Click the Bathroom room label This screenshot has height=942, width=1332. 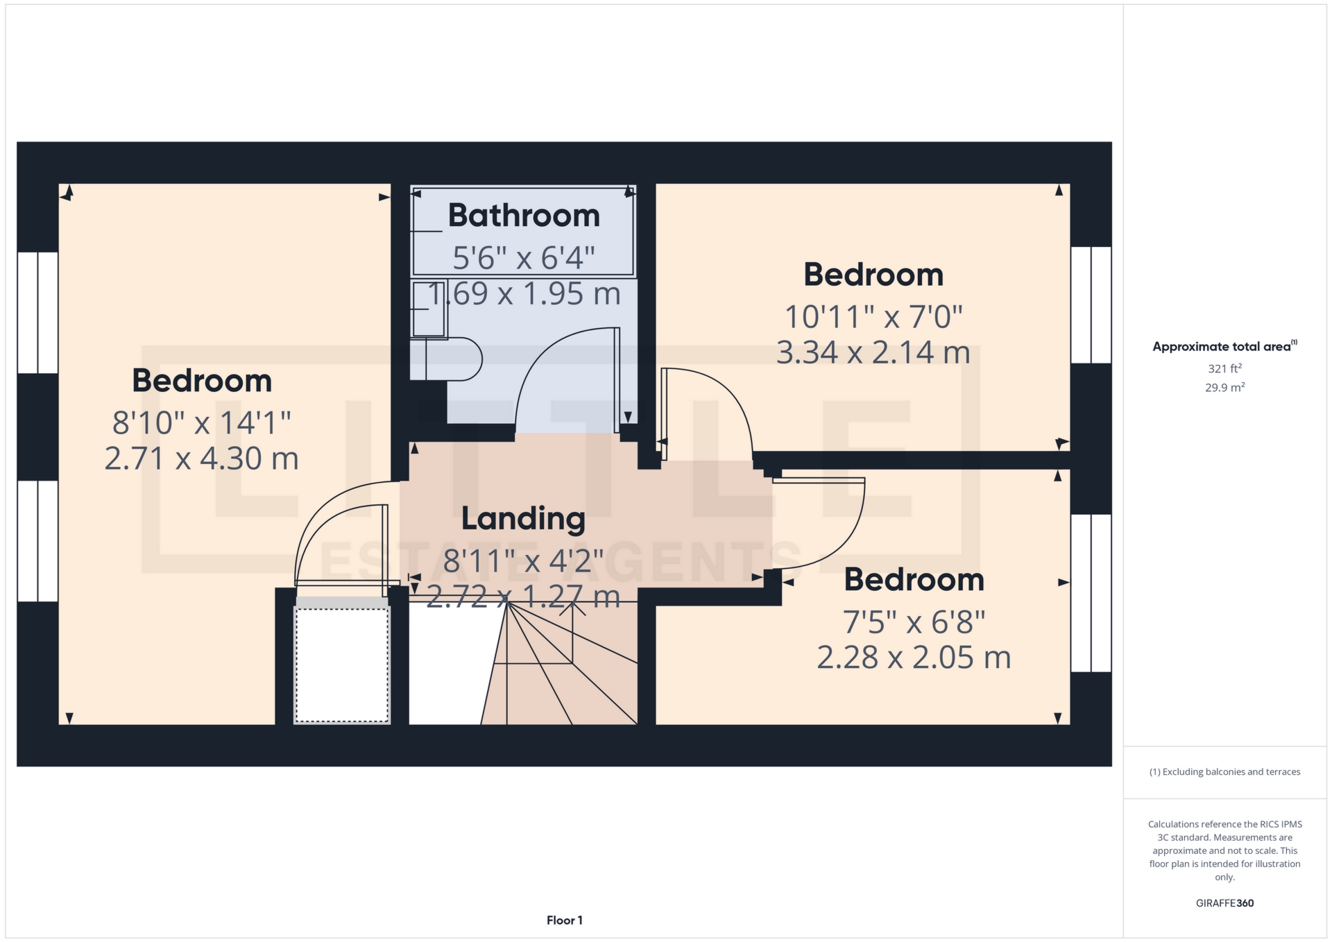click(524, 215)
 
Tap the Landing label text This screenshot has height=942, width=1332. click(523, 518)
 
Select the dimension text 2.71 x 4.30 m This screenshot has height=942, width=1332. click(201, 459)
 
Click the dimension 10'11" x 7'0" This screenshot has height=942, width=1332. click(873, 317)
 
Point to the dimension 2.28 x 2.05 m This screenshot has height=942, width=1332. click(914, 657)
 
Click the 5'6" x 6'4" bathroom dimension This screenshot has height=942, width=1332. click(524, 257)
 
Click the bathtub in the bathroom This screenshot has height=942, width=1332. click(523, 231)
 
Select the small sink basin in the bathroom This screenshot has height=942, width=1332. click(429, 309)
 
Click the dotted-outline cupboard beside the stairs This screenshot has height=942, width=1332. click(342, 665)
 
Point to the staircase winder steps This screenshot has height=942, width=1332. click(559, 663)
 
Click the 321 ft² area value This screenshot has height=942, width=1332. click(1224, 368)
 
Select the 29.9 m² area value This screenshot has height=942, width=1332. click(1224, 387)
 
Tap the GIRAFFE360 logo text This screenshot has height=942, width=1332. click(1224, 903)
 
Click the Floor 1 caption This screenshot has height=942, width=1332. click(565, 920)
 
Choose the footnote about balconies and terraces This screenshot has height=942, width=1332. click(1224, 772)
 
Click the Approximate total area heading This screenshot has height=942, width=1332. click(1224, 346)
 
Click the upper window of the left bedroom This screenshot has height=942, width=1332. click(37, 313)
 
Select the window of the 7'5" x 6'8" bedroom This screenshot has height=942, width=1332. click(1091, 593)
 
